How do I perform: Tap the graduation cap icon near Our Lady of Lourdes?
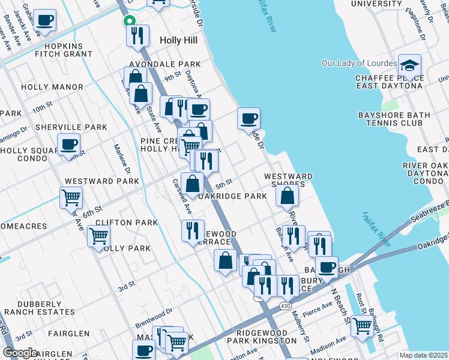(x=410, y=65)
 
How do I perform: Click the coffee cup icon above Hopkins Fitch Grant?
(x=45, y=20)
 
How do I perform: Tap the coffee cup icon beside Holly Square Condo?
(x=69, y=144)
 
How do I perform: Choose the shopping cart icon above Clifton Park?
(x=71, y=196)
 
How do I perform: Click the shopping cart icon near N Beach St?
(x=362, y=325)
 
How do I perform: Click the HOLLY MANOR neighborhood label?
(x=52, y=87)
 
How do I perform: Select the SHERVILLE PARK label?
(x=62, y=127)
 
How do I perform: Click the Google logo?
(x=20, y=353)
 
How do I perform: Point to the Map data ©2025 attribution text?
(x=423, y=355)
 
